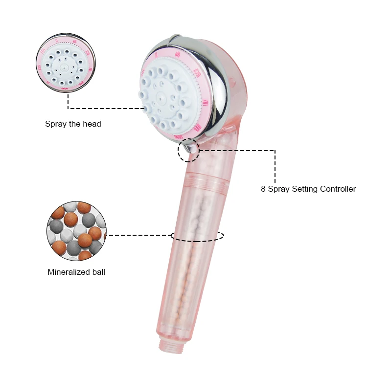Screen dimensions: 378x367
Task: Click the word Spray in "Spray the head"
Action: [56, 124]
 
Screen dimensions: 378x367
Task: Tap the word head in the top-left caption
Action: [92, 124]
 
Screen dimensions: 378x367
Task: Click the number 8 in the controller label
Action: [263, 189]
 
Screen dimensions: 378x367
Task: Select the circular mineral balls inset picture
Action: [76, 230]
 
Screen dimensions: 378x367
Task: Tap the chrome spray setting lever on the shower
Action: [190, 146]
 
